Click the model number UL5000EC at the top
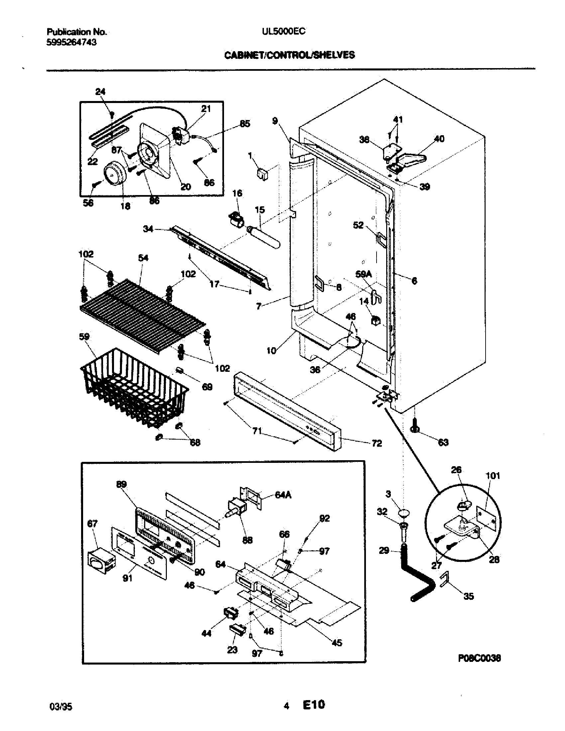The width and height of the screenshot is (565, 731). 284,31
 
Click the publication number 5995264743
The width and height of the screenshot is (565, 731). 72,42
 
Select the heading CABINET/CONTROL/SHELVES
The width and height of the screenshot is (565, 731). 289,55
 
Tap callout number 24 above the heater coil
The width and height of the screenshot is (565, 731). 100,92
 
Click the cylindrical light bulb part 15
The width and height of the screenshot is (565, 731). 265,237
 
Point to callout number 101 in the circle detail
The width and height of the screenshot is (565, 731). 492,475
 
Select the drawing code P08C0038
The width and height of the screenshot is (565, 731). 479,658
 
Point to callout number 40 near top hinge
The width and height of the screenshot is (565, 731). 439,139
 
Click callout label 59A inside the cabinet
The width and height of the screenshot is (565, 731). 364,274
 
